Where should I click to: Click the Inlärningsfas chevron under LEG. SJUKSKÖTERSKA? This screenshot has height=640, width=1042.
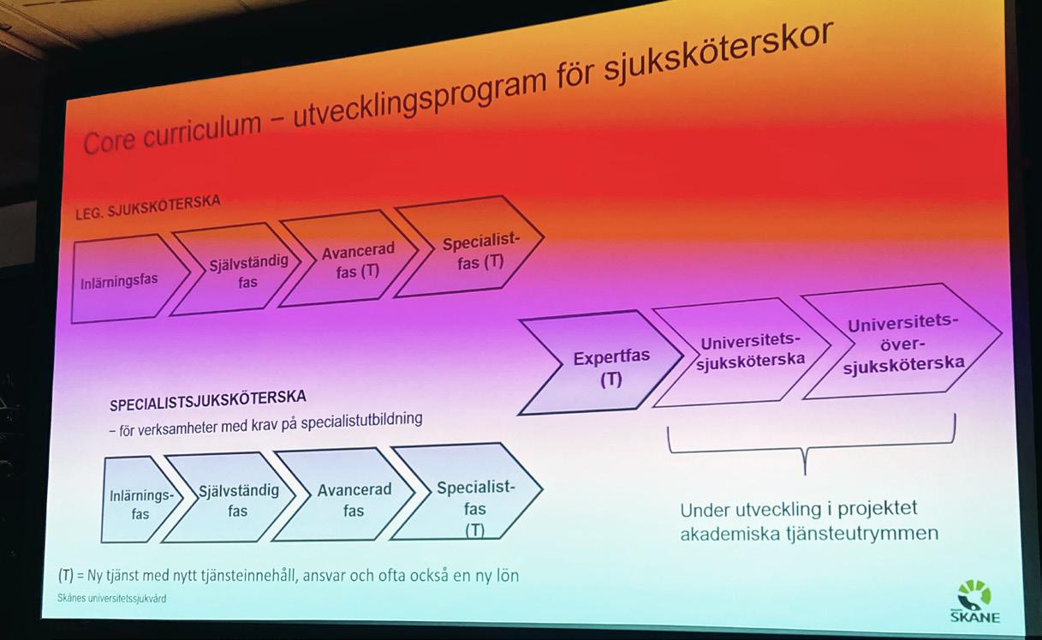tap(122, 280)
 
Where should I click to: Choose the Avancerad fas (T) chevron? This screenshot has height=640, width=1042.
tap(353, 258)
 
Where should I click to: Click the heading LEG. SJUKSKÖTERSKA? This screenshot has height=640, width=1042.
tap(147, 206)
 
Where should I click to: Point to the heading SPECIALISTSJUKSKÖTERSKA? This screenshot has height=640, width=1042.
tap(207, 400)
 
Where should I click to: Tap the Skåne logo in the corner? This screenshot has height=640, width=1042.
tap(974, 601)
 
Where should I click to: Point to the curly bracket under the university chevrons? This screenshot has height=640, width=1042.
tap(810, 445)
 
